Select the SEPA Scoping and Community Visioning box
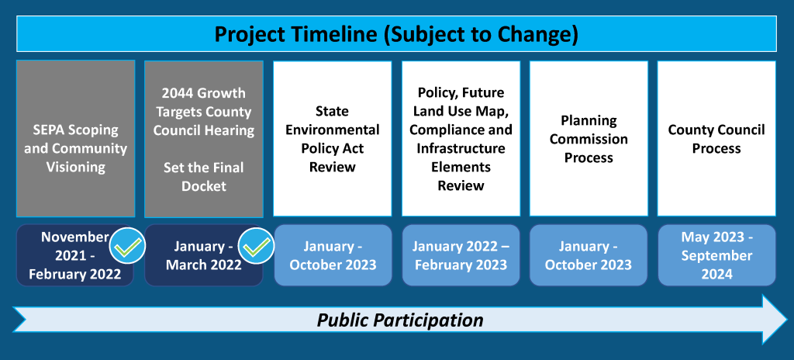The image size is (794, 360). click(76, 139)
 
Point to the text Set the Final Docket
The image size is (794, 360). click(204, 177)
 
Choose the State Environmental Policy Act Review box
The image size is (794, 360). click(333, 139)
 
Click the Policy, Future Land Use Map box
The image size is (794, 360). click(461, 139)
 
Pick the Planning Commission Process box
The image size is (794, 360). click(589, 139)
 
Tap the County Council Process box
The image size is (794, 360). click(716, 139)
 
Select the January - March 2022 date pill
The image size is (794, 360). click(204, 255)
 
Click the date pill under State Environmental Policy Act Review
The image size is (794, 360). click(333, 255)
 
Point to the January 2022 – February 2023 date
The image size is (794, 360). click(461, 255)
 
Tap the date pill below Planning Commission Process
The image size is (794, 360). click(589, 255)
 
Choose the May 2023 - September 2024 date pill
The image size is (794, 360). click(716, 255)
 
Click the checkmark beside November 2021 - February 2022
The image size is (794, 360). click(128, 246)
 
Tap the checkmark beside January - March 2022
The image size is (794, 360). click(257, 246)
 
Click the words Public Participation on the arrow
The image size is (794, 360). click(400, 320)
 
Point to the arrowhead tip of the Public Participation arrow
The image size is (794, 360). click(787, 320)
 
